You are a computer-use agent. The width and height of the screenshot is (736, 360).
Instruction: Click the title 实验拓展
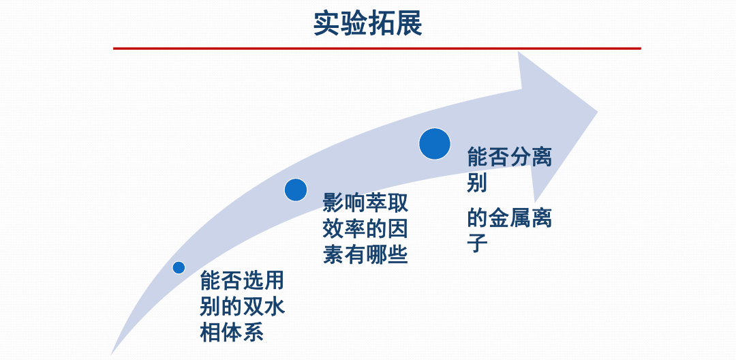coord(367,24)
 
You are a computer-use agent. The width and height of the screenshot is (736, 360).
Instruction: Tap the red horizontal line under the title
coord(377,48)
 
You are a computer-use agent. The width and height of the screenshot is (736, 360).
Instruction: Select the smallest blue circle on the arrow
coord(179,267)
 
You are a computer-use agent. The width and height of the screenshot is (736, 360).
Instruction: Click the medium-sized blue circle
coord(296,190)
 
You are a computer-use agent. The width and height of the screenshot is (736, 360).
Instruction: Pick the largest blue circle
coord(435,144)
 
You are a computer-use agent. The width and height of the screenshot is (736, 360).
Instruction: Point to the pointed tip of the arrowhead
coord(597,112)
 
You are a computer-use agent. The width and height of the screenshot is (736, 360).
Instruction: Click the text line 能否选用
coord(242,282)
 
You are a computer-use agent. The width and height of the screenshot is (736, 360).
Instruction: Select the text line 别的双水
coord(242,308)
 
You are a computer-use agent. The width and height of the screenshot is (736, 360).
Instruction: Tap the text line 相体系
coord(232,333)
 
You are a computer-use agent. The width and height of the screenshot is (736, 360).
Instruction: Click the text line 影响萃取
coord(365,205)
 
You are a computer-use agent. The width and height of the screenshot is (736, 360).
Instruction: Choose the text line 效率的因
coord(365,230)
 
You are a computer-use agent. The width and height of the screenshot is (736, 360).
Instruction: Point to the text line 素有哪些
coord(365,256)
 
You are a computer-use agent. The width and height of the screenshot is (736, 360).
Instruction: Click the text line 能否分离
coord(509,157)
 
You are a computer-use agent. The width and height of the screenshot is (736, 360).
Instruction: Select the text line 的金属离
coord(509,219)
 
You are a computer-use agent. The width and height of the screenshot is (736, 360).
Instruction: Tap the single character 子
coord(477,244)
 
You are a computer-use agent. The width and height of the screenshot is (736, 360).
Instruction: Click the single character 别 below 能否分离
coord(477,183)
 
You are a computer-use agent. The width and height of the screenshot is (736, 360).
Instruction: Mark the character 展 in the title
coord(409,24)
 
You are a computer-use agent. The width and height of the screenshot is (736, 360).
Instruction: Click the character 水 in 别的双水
coord(274,308)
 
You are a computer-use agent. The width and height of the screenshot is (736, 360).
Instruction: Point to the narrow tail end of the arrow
coord(112,353)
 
